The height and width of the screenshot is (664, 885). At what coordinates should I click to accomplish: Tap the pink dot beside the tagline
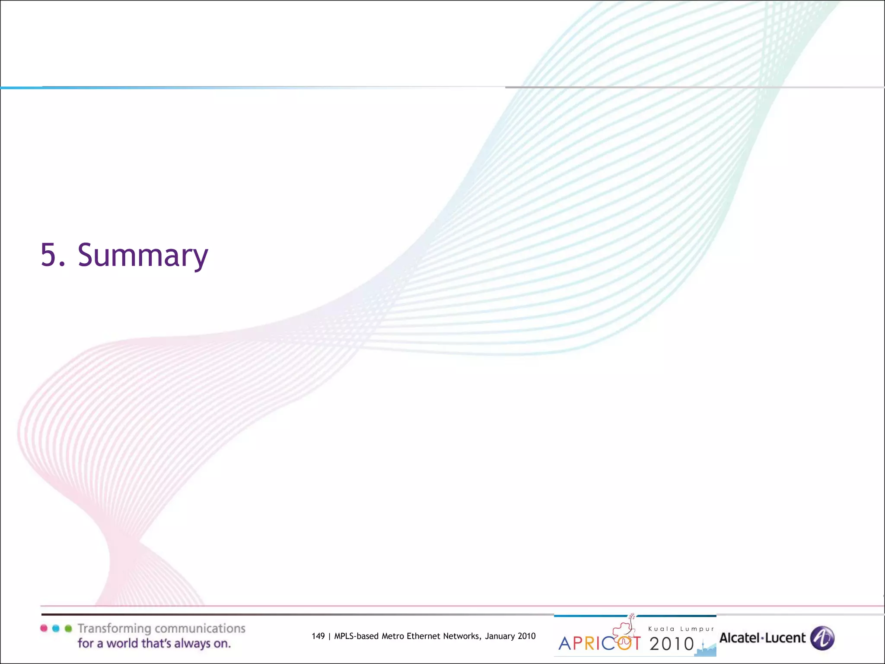[44, 628]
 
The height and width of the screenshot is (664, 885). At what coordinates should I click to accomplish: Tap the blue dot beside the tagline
[56, 628]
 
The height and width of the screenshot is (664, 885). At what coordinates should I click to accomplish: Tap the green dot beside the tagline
[68, 628]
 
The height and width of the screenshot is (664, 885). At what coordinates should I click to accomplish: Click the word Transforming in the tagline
[114, 629]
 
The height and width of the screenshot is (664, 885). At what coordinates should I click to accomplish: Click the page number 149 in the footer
[318, 636]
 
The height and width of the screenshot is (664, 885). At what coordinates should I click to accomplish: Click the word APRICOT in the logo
[599, 644]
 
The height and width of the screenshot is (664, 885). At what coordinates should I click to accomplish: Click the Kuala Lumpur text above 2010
[681, 629]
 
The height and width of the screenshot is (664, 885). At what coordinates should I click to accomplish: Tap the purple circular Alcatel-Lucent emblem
[822, 638]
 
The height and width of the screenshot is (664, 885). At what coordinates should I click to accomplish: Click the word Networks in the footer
[462, 636]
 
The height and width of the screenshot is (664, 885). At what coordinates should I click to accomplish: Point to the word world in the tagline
[124, 644]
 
